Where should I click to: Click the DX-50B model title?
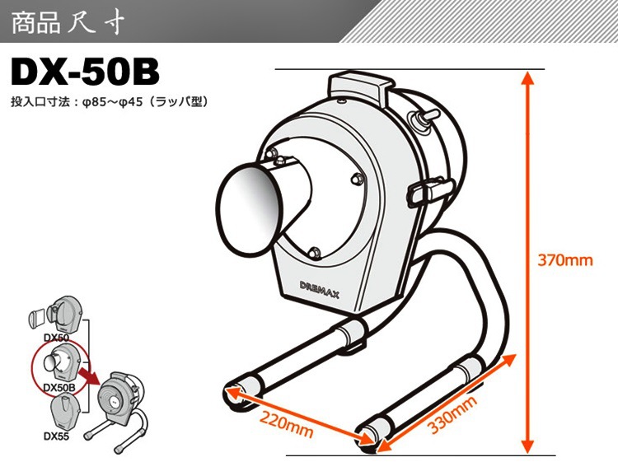(x=85, y=72)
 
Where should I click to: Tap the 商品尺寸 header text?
(x=68, y=22)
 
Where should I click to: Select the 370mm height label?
(x=565, y=260)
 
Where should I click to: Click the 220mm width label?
(x=286, y=425)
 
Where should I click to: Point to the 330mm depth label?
(x=452, y=414)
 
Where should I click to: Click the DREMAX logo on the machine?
(x=319, y=290)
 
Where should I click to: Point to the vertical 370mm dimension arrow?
(x=527, y=261)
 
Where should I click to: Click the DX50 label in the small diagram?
(x=56, y=338)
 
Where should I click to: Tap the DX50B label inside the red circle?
(x=59, y=387)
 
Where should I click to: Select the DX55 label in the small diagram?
(x=56, y=436)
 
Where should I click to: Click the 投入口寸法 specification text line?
(x=109, y=102)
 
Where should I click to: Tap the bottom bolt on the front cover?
(x=314, y=252)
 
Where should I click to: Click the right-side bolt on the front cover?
(x=357, y=179)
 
